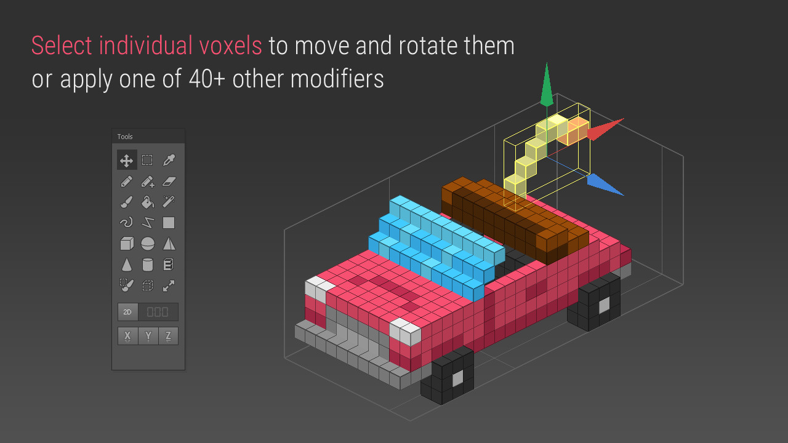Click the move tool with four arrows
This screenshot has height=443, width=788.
(127, 161)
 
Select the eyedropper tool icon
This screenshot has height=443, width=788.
(169, 161)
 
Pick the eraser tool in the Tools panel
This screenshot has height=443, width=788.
(169, 182)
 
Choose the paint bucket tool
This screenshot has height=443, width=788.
(148, 202)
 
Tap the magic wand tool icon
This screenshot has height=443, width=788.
(169, 202)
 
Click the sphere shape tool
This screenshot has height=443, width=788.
(148, 244)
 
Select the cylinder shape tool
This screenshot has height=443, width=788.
(148, 265)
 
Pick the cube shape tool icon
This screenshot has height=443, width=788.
(127, 244)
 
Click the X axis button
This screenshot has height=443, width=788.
(127, 336)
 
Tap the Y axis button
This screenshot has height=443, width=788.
(148, 336)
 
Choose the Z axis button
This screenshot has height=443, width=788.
(168, 336)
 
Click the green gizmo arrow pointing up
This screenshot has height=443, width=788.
(547, 85)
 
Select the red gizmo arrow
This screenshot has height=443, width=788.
(606, 129)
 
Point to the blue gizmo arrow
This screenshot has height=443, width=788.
(605, 184)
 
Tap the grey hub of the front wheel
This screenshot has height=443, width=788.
(457, 378)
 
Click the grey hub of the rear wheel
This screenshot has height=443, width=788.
(604, 305)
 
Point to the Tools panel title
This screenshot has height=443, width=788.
(125, 137)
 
